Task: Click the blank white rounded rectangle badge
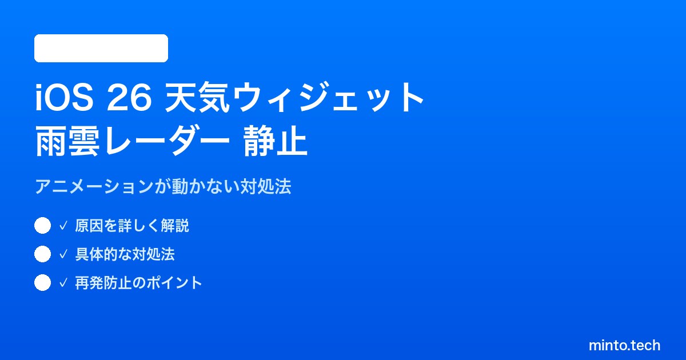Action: (x=101, y=49)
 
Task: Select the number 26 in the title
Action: (x=129, y=98)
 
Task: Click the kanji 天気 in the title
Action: (x=197, y=97)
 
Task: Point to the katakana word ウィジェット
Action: (x=328, y=97)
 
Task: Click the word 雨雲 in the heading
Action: (x=67, y=141)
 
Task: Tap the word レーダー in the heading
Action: (x=167, y=141)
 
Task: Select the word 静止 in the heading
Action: (x=276, y=141)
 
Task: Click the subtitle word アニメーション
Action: (x=94, y=186)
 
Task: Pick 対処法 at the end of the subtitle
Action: (x=265, y=186)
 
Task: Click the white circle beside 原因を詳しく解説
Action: (x=42, y=226)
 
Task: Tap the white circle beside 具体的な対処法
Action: (x=42, y=254)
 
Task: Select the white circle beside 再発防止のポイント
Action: (x=42, y=282)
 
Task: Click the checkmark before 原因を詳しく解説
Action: (x=63, y=226)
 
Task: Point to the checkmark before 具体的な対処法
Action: (x=63, y=254)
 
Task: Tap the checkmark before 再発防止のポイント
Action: (x=63, y=283)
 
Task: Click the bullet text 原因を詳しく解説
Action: (x=132, y=226)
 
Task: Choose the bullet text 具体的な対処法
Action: (x=125, y=254)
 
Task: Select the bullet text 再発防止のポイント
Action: (x=138, y=283)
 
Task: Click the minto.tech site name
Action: (x=624, y=345)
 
